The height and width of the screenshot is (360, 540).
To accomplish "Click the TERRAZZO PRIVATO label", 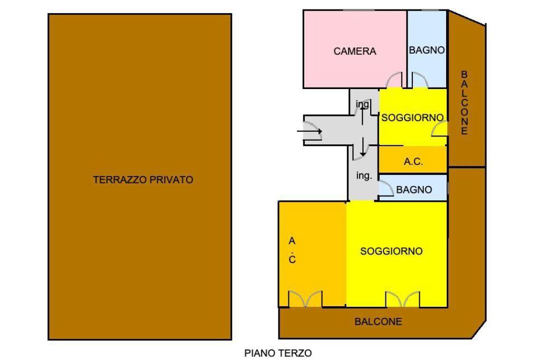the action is point(143,179).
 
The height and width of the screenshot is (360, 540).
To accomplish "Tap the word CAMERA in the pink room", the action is point(355,51).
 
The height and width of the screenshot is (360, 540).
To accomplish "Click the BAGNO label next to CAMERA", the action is point(427,50).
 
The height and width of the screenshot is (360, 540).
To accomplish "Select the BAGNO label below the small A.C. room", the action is point(414,190).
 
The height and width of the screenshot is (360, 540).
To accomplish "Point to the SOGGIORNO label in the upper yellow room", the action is point(412,118).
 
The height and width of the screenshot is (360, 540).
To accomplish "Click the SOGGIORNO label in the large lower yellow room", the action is point(391,251).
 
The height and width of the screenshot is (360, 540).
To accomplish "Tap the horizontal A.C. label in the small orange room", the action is point(413,162).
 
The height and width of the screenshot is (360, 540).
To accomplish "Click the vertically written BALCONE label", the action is point(464,103).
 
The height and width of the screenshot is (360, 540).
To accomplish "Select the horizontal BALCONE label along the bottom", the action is point(378,321).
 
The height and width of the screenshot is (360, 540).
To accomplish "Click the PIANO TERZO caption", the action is point(278,353).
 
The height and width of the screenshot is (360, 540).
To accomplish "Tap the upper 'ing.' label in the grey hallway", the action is point(362,104).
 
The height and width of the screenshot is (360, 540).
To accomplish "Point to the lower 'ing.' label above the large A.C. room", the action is point(364,176).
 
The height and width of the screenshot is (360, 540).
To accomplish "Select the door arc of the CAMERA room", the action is point(393,80).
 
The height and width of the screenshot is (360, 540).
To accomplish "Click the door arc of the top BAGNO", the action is point(420,80).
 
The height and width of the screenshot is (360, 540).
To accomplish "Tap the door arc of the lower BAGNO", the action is point(385,188).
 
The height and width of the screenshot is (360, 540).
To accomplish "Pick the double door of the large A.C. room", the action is point(305,299).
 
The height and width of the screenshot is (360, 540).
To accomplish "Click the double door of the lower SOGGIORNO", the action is point(402,299).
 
